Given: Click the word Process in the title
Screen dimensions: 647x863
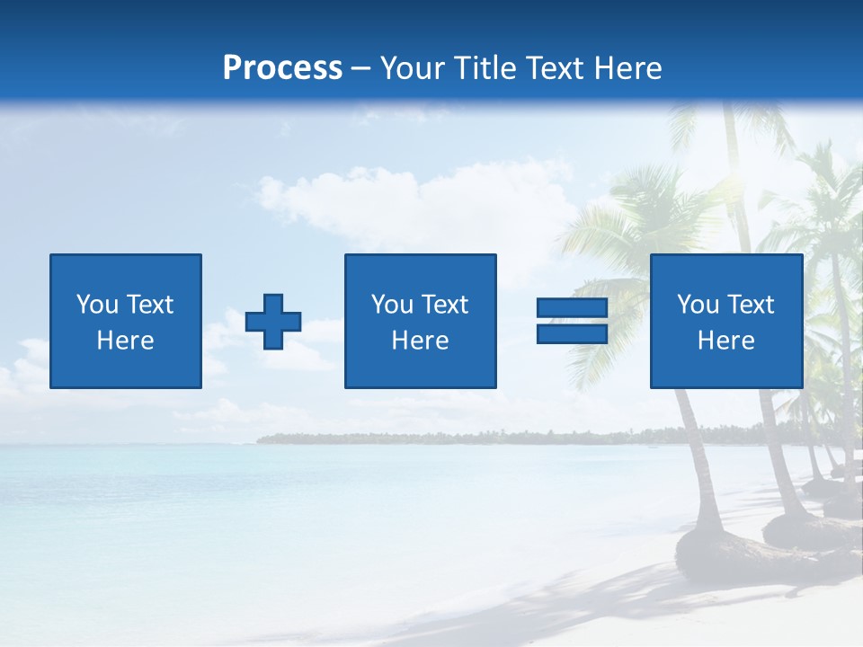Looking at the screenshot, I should (282, 68).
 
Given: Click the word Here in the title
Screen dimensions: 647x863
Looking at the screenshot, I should (627, 68).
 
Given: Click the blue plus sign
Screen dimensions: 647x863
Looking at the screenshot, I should (273, 321).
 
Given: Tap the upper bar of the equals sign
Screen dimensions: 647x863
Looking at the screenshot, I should (572, 308).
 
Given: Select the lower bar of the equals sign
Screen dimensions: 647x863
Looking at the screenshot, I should (572, 333).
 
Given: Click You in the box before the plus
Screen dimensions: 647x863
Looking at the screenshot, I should (97, 305).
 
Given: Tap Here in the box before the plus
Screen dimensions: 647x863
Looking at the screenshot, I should (126, 341).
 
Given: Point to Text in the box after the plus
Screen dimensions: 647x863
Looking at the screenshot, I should (446, 305).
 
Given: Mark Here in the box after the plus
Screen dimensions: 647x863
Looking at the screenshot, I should (420, 341).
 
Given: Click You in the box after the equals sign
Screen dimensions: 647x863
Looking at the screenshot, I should (698, 305).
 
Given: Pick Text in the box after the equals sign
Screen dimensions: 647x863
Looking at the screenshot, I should (752, 305).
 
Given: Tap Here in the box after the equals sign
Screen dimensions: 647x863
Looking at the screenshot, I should (726, 341).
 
